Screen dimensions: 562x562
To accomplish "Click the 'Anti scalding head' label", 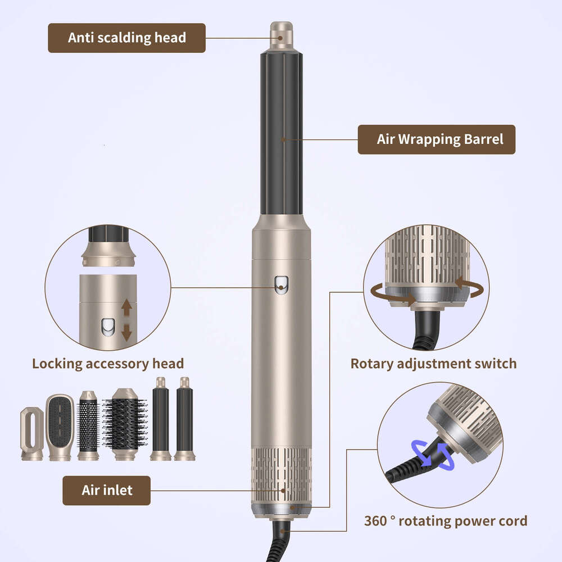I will pos(126,38).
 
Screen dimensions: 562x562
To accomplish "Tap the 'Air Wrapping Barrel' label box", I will pos(436,139).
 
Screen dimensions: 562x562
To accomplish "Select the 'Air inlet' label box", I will pos(106,490).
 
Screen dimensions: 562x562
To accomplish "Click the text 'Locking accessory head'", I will pos(108,363).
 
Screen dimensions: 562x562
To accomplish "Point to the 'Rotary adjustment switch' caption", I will pos(433,363).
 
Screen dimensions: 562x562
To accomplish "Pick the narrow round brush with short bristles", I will pos(88,424).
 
